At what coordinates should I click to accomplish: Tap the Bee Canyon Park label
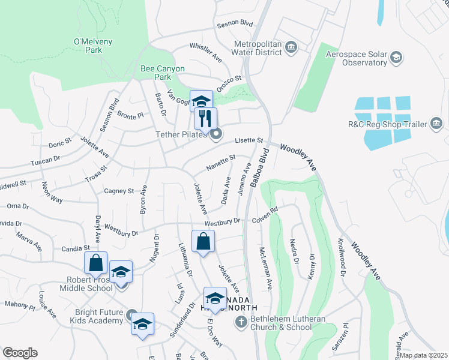pos(155,73)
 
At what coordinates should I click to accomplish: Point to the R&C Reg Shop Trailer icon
pos(437,125)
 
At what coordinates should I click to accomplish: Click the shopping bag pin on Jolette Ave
pos(203,242)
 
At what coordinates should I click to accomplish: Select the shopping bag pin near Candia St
pos(96,263)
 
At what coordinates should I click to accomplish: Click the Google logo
pos(20,353)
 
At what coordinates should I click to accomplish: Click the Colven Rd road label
pos(265,214)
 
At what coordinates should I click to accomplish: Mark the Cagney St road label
pos(119,191)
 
